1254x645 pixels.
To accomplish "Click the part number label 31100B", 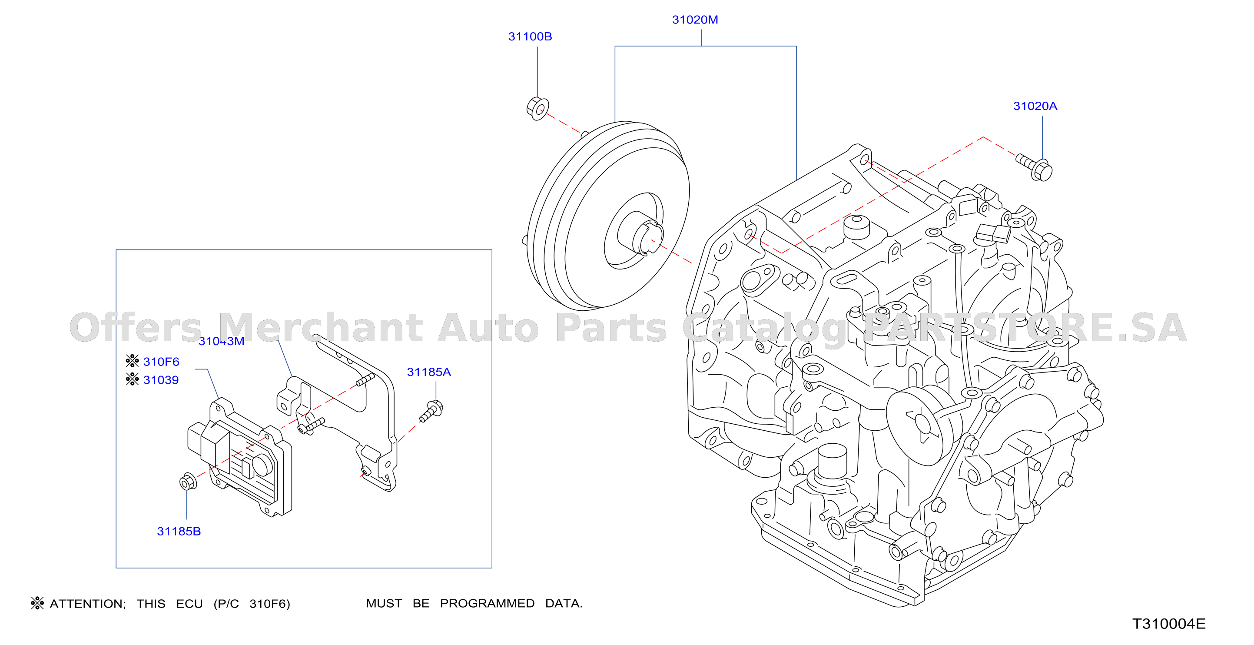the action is click(530, 37).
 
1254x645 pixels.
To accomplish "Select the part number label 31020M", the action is click(695, 20).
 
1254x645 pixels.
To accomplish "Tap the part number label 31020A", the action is click(1035, 106).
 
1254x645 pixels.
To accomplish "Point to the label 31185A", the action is click(429, 372).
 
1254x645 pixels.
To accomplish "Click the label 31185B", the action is click(179, 531).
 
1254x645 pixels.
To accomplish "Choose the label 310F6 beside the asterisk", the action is click(161, 362).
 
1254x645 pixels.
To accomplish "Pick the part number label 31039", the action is click(161, 380).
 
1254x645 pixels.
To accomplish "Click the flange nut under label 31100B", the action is click(537, 109).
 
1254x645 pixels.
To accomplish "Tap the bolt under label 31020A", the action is click(1035, 167).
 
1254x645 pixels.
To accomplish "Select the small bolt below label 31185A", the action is click(431, 411).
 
